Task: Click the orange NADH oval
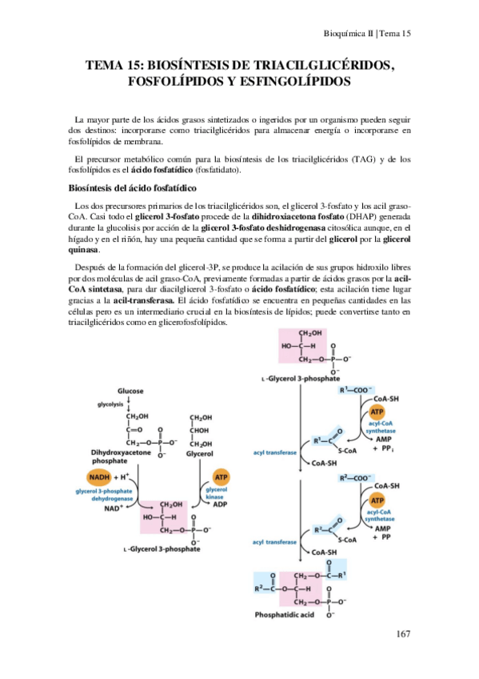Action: click(100, 476)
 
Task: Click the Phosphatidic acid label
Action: click(298, 617)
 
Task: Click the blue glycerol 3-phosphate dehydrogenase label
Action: click(101, 493)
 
